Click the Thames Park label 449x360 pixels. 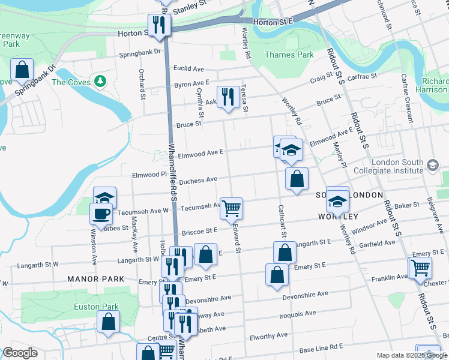(289, 55)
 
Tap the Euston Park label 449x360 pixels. (96, 307)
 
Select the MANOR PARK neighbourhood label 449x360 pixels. (96, 279)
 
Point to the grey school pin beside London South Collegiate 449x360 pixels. (433, 164)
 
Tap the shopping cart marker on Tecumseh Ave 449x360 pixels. (231, 208)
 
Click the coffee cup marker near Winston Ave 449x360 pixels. (101, 213)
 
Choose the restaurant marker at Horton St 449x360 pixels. (160, 25)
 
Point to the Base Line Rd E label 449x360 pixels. (321, 347)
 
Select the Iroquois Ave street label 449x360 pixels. (297, 313)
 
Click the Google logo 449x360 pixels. (19, 353)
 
